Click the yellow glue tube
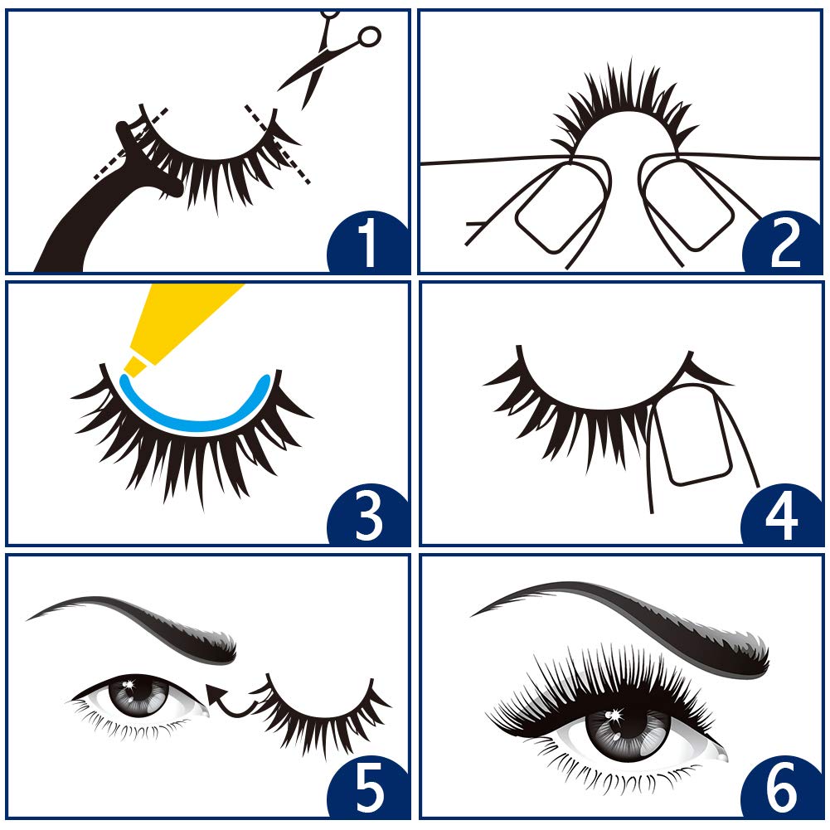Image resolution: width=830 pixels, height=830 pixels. pos(178,323)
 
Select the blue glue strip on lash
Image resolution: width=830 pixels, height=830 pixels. pos(196,415)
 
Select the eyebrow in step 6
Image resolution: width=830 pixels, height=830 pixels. pos(630,618)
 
